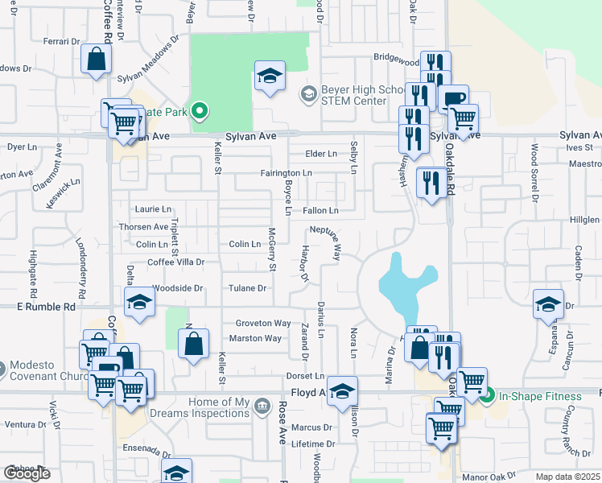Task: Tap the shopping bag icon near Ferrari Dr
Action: click(96, 59)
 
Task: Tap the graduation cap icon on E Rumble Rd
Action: click(139, 303)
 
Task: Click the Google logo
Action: click(27, 473)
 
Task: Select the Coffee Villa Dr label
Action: click(175, 262)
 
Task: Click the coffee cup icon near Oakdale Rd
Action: click(453, 98)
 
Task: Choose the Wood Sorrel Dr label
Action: click(534, 166)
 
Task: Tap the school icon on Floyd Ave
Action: click(343, 391)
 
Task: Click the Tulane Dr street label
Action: click(249, 288)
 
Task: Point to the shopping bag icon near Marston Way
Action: click(193, 344)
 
